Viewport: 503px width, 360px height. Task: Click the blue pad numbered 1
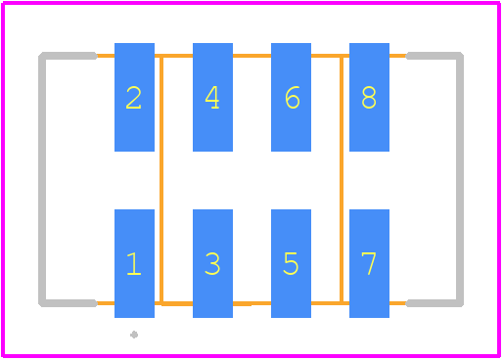134,263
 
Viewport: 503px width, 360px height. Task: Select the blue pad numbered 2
134,97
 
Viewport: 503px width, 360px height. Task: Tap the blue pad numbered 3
212,263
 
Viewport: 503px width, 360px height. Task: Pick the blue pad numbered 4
212,97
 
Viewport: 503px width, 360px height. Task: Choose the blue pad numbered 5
291,263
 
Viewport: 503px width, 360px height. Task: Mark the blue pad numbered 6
291,97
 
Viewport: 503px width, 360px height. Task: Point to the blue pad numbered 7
369,263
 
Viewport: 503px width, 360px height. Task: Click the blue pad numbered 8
369,97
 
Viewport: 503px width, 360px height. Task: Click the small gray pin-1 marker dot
134,335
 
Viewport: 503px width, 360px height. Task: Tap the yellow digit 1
134,264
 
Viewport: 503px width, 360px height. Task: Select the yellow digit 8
369,97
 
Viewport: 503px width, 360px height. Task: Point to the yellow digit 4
212,97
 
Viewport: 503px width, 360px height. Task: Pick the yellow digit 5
291,264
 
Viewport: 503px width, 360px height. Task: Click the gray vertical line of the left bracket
42,179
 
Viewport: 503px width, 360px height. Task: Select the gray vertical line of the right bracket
460,179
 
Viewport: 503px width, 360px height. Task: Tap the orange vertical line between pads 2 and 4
161,179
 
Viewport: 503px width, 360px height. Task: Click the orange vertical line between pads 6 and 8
342,179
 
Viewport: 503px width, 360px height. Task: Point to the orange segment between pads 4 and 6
251,56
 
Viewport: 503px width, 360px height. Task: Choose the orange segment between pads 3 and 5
251,303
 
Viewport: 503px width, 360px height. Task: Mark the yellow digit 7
369,264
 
